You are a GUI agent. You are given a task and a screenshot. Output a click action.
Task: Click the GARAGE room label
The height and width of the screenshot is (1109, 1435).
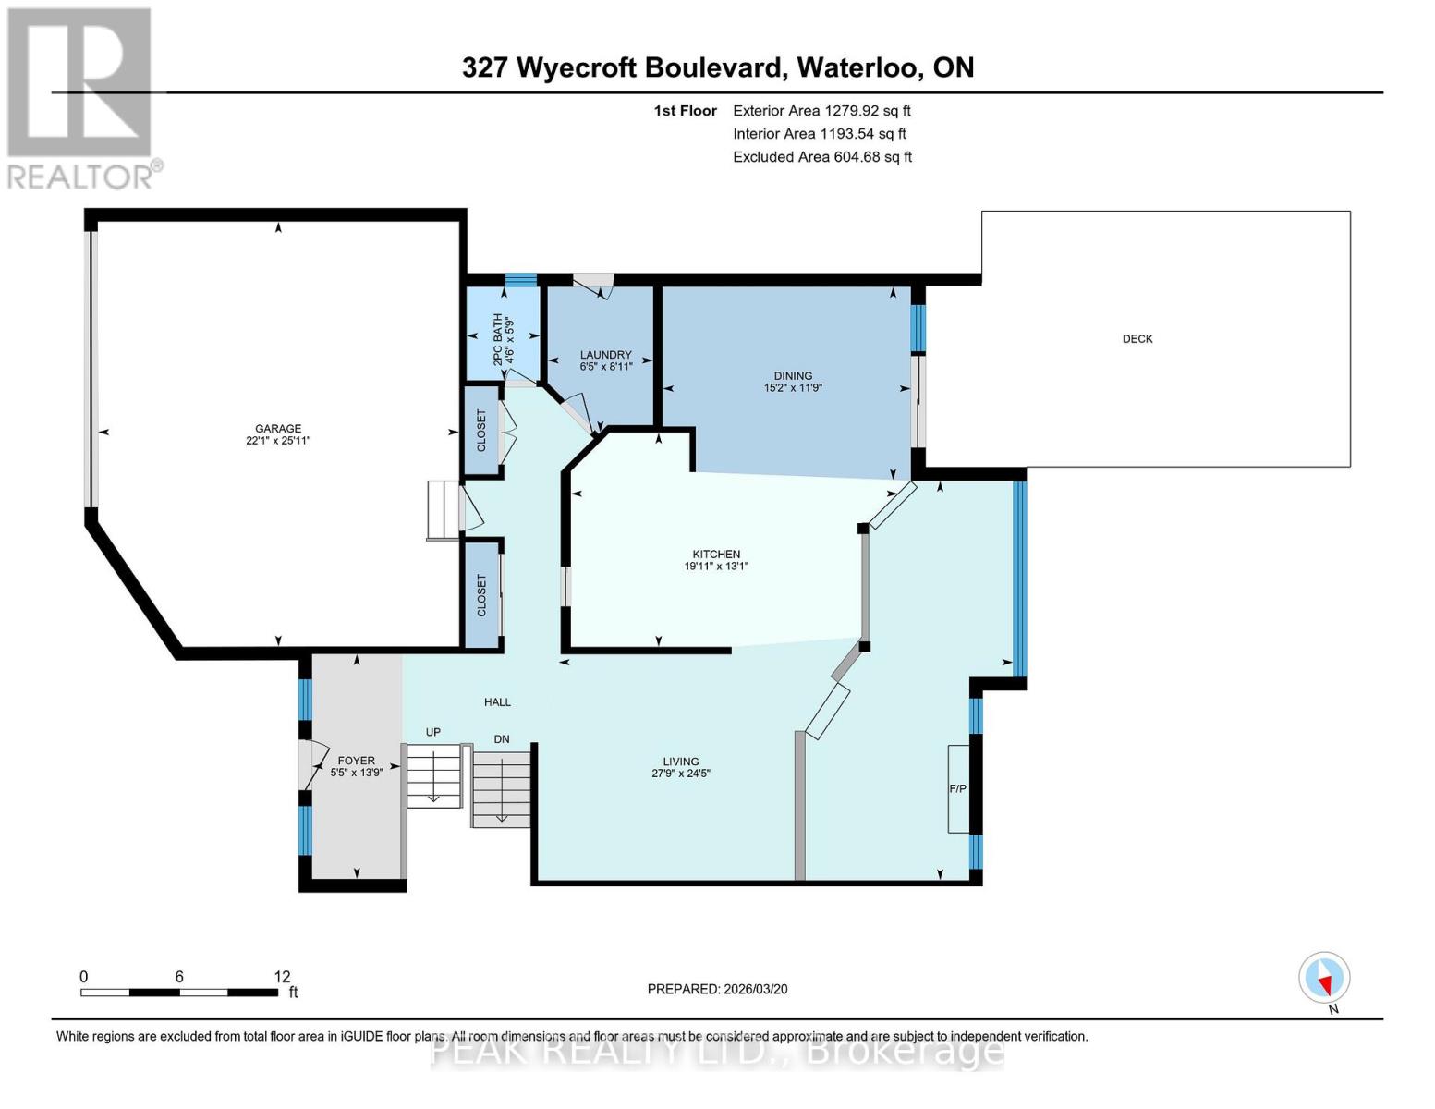pyautogui.click(x=278, y=429)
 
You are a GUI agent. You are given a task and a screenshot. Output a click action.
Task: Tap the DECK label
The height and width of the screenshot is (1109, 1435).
pyautogui.click(x=1137, y=339)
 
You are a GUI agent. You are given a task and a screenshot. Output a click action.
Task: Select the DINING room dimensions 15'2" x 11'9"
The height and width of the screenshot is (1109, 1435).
pyautogui.click(x=793, y=388)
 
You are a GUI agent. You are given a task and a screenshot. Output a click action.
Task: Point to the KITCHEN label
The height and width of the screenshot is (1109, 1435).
pyautogui.click(x=716, y=554)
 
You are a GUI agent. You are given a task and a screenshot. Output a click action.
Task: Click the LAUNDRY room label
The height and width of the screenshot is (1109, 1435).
pyautogui.click(x=605, y=355)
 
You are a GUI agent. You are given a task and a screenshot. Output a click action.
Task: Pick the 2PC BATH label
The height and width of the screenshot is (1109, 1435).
pyautogui.click(x=498, y=340)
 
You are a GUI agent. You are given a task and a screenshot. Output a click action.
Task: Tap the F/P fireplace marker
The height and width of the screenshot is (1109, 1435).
pyautogui.click(x=957, y=788)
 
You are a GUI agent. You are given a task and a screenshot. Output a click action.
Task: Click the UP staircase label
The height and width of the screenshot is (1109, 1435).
pyautogui.click(x=432, y=732)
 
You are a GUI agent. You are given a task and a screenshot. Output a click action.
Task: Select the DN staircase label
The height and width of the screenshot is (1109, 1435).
pyautogui.click(x=502, y=739)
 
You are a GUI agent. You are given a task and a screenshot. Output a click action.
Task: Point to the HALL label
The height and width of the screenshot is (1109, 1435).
pyautogui.click(x=497, y=702)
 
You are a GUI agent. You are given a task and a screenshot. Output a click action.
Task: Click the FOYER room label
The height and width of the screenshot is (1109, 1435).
pyautogui.click(x=356, y=761)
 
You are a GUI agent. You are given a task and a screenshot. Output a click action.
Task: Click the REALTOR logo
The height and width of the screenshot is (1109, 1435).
pyautogui.click(x=81, y=97)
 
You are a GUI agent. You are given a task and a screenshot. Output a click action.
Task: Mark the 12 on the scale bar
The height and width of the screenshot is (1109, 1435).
pyautogui.click(x=282, y=977)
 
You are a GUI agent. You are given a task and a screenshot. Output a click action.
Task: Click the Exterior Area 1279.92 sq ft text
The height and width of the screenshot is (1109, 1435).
pyautogui.click(x=821, y=111)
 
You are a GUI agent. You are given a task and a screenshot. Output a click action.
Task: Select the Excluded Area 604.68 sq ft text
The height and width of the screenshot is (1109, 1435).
pyautogui.click(x=822, y=157)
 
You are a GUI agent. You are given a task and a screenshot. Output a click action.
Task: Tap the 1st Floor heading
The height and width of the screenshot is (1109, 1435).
pyautogui.click(x=685, y=111)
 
